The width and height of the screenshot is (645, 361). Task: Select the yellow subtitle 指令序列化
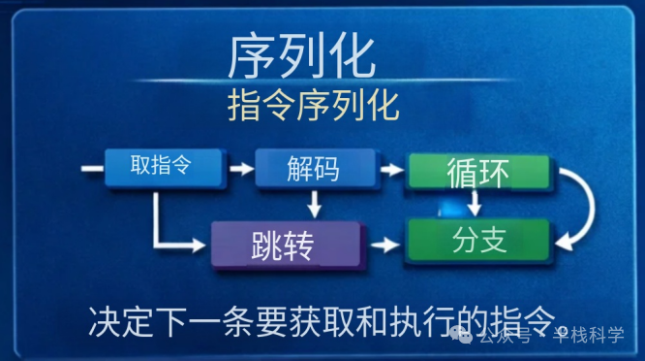coord(312,105)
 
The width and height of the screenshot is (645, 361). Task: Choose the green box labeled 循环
coord(477,171)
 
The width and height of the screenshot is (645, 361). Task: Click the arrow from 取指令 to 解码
coord(238,169)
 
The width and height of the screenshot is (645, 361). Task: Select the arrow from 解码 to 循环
coord(390,170)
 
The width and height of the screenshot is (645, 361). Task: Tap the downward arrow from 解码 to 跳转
coord(313,203)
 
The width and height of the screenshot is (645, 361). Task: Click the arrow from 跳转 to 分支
coord(386,244)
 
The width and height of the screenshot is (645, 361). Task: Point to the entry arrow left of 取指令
coord(92,169)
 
